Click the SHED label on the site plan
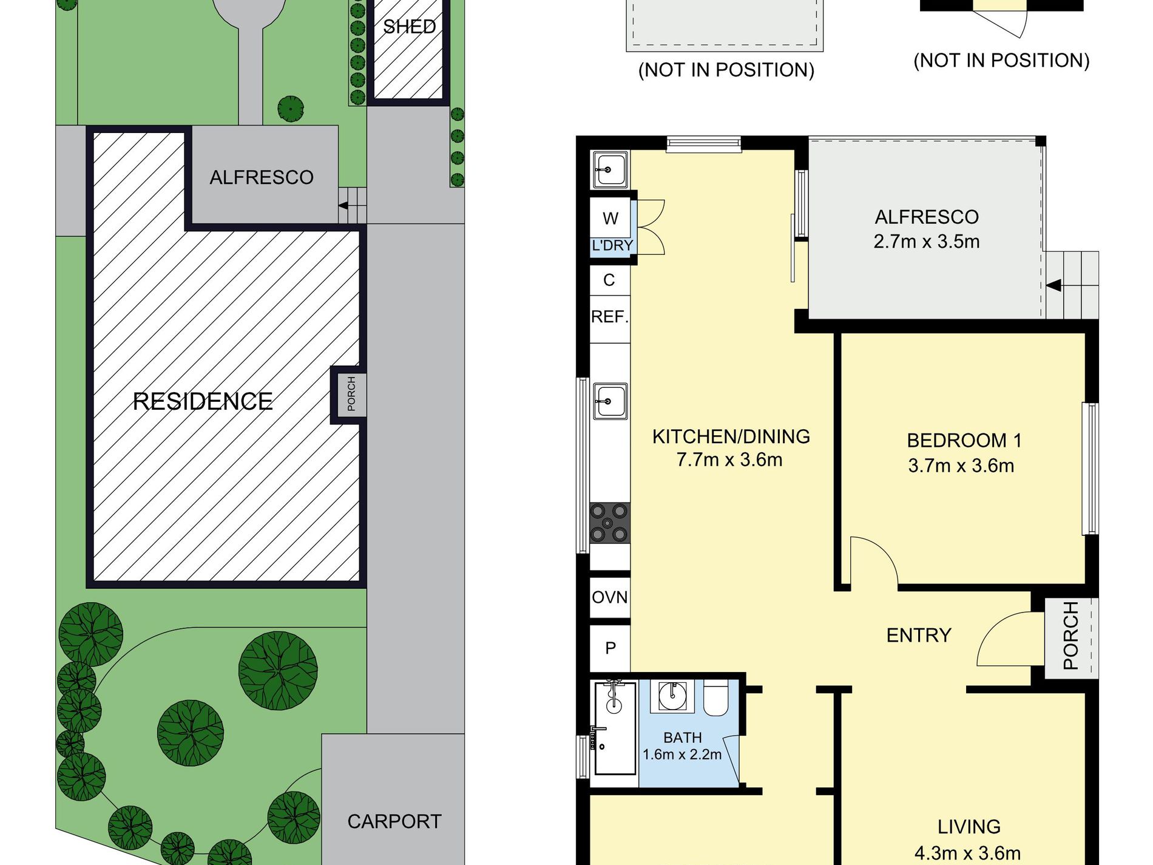(x=410, y=27)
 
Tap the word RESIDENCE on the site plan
(x=203, y=401)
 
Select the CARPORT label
(x=394, y=821)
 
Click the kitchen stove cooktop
(x=610, y=522)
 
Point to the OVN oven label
(x=610, y=597)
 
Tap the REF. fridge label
(x=610, y=316)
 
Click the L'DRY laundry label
(x=612, y=245)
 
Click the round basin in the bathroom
(x=672, y=696)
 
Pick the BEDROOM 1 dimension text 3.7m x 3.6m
(x=961, y=466)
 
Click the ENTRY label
(x=919, y=635)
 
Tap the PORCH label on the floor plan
(x=1071, y=636)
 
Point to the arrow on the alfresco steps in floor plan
(x=1054, y=285)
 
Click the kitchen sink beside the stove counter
(x=610, y=401)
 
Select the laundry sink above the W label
(x=610, y=169)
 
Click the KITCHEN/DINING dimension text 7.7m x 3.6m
(x=729, y=460)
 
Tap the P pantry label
(x=610, y=648)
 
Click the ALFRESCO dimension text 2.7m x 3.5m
(x=927, y=241)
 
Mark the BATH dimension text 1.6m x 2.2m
(x=682, y=755)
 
